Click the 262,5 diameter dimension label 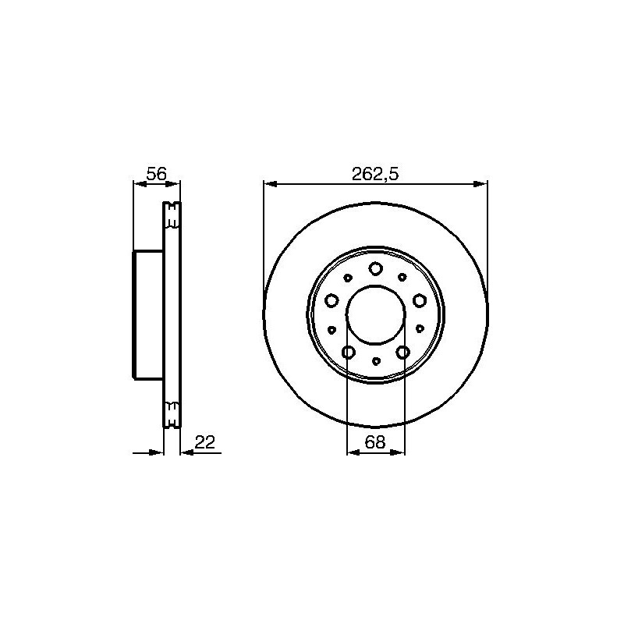pyautogui.click(x=375, y=174)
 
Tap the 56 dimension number pyautogui.click(x=156, y=174)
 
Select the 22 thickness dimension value pyautogui.click(x=205, y=441)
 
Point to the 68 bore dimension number pyautogui.click(x=375, y=441)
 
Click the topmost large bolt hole pyautogui.click(x=375, y=268)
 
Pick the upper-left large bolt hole pyautogui.click(x=331, y=300)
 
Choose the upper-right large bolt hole pyautogui.click(x=419, y=300)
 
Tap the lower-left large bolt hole pyautogui.click(x=348, y=353)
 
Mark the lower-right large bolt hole pyautogui.click(x=402, y=353)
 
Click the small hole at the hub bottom pyautogui.click(x=376, y=361)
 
